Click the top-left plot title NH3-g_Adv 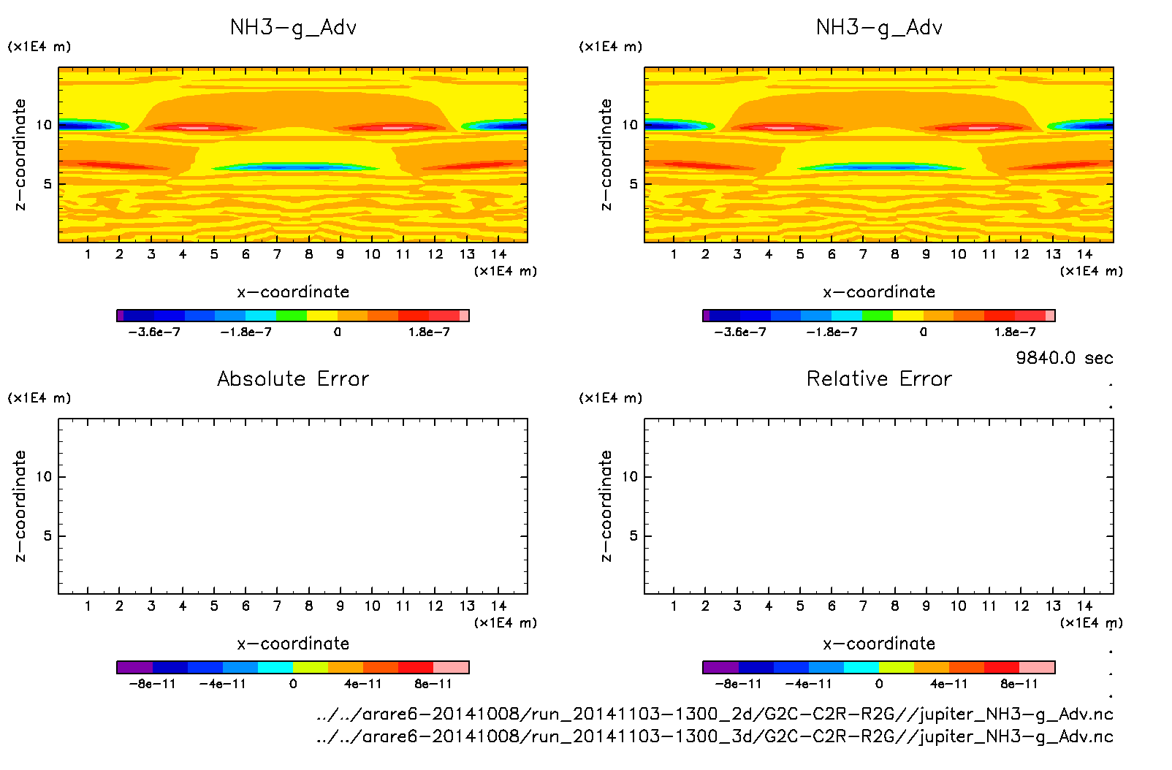[x=293, y=28]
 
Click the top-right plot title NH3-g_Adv [x=879, y=28]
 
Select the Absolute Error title [x=293, y=379]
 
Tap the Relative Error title [x=879, y=379]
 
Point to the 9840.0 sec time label [x=1064, y=358]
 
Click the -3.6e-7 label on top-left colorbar [x=154, y=332]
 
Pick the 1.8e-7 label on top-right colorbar [x=1015, y=332]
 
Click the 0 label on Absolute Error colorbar [x=293, y=685]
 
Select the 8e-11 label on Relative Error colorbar [x=1019, y=685]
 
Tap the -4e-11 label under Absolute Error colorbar [x=223, y=685]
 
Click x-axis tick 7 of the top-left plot [x=277, y=254]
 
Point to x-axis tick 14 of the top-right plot [x=1084, y=254]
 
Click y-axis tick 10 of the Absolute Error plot [x=44, y=477]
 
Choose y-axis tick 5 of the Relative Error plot [x=633, y=536]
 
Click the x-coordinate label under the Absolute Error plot [x=293, y=644]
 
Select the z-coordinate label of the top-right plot [x=606, y=155]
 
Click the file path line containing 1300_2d [x=715, y=714]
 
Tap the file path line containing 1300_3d [x=715, y=736]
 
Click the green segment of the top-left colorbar [x=291, y=316]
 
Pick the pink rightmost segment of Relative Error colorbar [x=1037, y=667]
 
